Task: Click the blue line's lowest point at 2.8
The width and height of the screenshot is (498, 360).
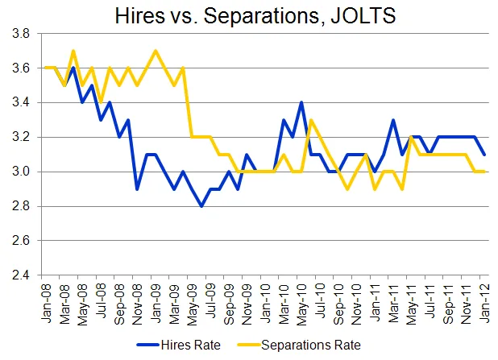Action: (x=201, y=206)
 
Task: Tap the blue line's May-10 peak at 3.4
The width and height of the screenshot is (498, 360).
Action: (x=301, y=102)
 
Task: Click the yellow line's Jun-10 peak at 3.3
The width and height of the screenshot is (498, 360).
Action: (x=309, y=120)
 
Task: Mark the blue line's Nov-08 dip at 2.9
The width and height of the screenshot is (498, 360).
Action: (x=138, y=188)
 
